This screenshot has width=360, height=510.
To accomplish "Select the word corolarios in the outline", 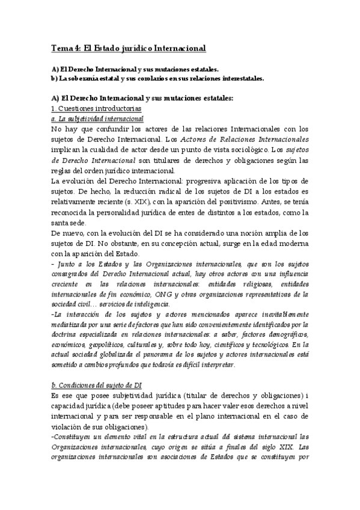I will [139, 78].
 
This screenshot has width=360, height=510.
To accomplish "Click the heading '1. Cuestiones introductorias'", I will [96, 108].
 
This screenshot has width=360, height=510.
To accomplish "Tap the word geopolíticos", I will [103, 345].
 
